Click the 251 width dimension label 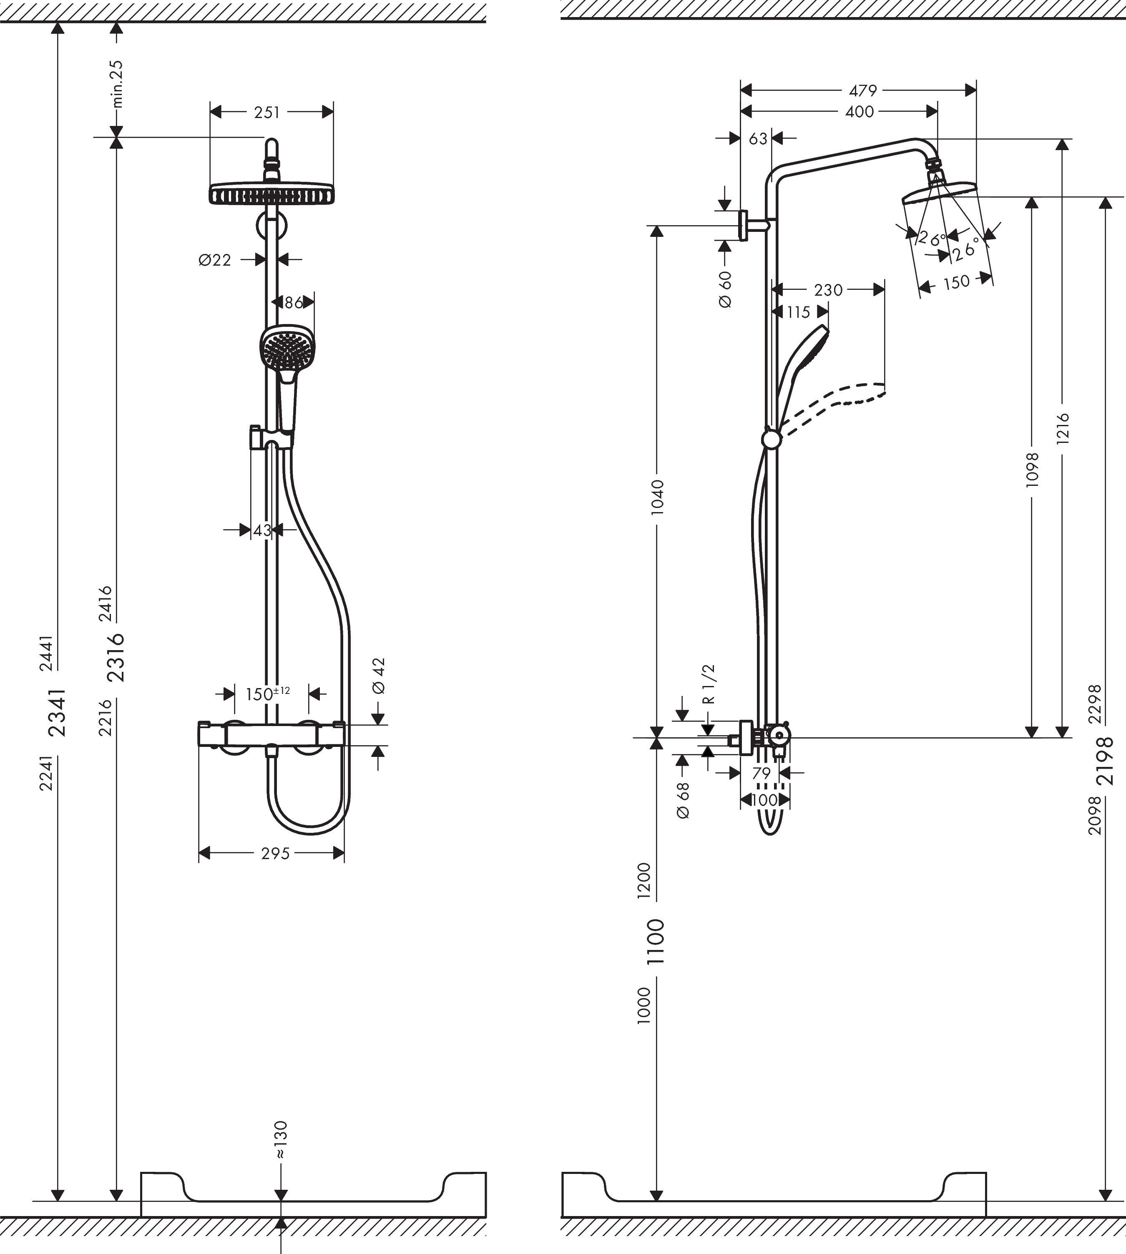tap(266, 113)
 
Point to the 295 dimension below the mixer tap(275, 854)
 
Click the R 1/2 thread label tap(709, 684)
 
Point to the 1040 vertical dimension tap(657, 496)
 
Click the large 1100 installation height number tap(655, 942)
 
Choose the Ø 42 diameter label tap(379, 676)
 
